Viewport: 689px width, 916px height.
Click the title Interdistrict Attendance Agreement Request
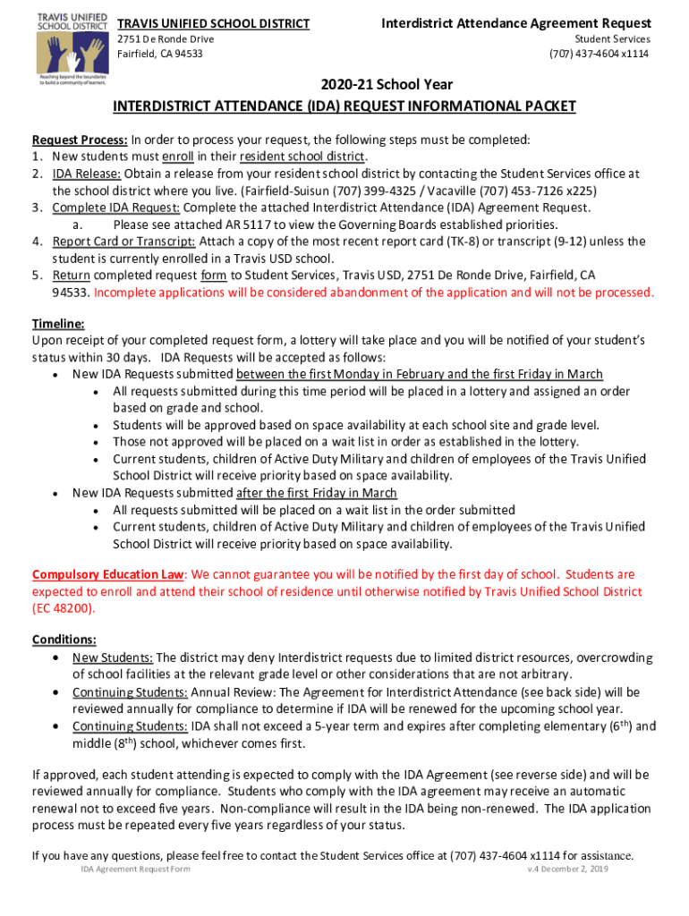pyautogui.click(x=516, y=22)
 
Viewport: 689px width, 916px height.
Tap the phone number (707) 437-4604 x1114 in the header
pyautogui.click(x=600, y=54)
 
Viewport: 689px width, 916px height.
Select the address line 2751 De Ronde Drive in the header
pyautogui.click(x=166, y=39)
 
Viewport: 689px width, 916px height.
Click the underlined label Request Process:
pyautogui.click(x=80, y=140)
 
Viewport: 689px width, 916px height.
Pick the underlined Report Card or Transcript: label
pyautogui.click(x=124, y=242)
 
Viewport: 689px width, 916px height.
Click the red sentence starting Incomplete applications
pyautogui.click(x=374, y=293)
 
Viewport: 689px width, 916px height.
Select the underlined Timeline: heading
pyautogui.click(x=58, y=324)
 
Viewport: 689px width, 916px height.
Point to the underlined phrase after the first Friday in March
pyautogui.click(x=317, y=493)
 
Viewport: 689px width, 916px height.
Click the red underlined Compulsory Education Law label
pyautogui.click(x=108, y=574)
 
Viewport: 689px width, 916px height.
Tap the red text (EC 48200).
pyautogui.click(x=64, y=608)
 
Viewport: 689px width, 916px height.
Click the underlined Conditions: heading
pyautogui.click(x=64, y=640)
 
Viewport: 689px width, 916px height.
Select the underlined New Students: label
pyautogui.click(x=113, y=657)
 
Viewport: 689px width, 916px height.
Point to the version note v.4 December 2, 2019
pyautogui.click(x=567, y=869)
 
